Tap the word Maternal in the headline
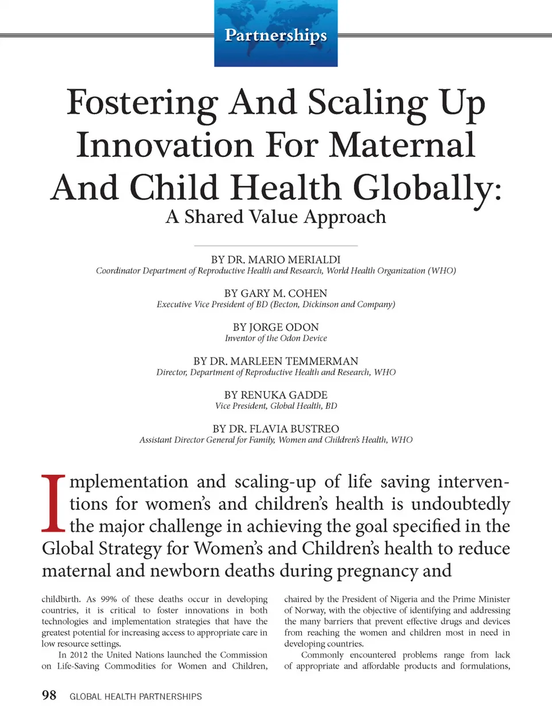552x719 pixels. click(402, 145)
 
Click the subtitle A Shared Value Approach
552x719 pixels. click(275, 217)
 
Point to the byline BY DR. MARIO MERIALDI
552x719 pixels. click(275, 260)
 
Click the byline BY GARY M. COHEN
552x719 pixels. click(275, 294)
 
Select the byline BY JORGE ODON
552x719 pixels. click(275, 328)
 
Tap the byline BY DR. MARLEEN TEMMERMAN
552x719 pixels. click(275, 362)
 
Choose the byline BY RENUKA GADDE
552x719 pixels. click(275, 395)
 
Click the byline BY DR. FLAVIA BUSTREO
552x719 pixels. click(275, 429)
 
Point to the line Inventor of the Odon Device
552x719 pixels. click(275, 339)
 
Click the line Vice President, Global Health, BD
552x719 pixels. click(275, 406)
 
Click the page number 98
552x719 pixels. click(49, 695)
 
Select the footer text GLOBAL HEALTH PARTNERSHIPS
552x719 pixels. click(136, 697)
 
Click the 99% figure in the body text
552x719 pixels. click(108, 599)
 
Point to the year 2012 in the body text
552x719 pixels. click(79, 655)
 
